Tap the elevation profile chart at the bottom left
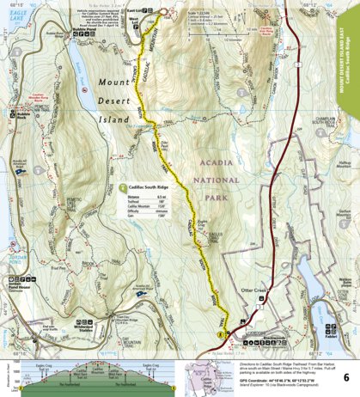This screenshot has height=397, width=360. pyautogui.click(x=86, y=365)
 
